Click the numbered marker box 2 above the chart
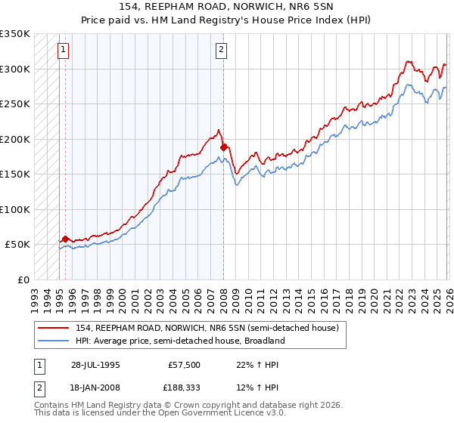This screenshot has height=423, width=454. pos(222,51)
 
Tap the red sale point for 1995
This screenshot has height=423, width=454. pos(66,239)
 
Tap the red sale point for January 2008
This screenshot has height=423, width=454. pos(223,147)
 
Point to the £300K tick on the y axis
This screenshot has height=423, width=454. pos(15,69)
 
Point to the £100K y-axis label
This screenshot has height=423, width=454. pos(15,209)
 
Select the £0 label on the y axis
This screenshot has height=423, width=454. pos(23,279)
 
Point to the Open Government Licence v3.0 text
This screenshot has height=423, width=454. pos(227,415)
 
